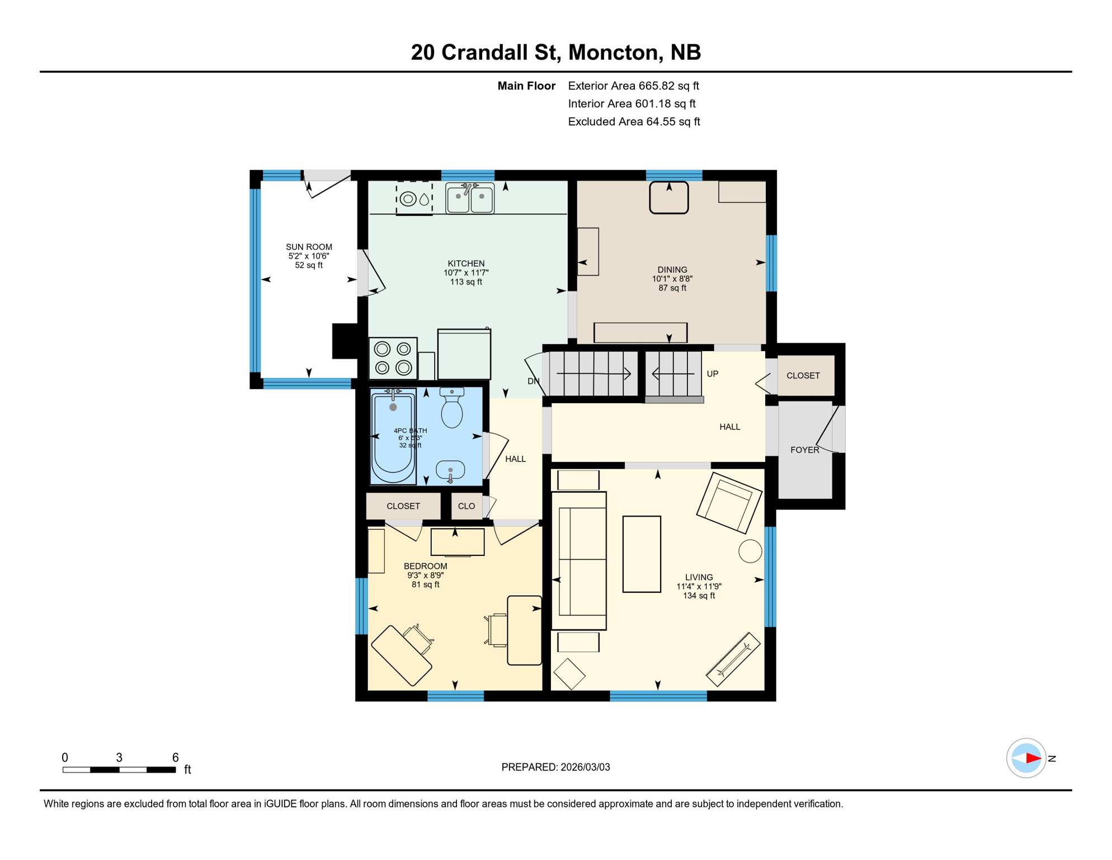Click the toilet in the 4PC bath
pos(451,409)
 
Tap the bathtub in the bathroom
pos(393,436)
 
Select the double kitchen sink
pos(470,198)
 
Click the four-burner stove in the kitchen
pos(393,358)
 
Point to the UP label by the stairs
pos(712,374)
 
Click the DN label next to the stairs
pos(533,381)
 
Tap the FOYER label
pos(804,450)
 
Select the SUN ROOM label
pos(309,247)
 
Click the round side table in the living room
pos(750,551)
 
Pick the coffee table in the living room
pos(642,554)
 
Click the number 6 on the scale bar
pos(175,758)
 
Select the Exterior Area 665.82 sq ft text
pos(633,86)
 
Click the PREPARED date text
pos(555,767)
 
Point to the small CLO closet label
pos(467,506)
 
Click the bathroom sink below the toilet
pos(450,470)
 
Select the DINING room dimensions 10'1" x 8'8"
pos(672,279)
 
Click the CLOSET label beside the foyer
pos(803,376)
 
